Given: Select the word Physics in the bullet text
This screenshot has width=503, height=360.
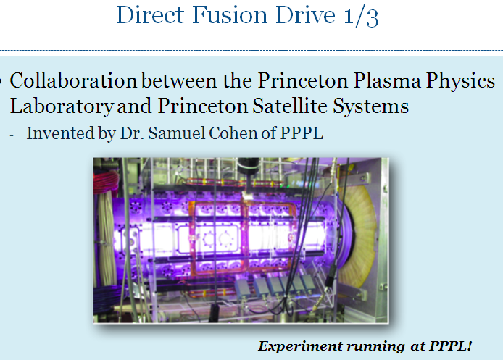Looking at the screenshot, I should (461, 81).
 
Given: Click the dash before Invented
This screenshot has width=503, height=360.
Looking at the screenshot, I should (12, 135).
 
